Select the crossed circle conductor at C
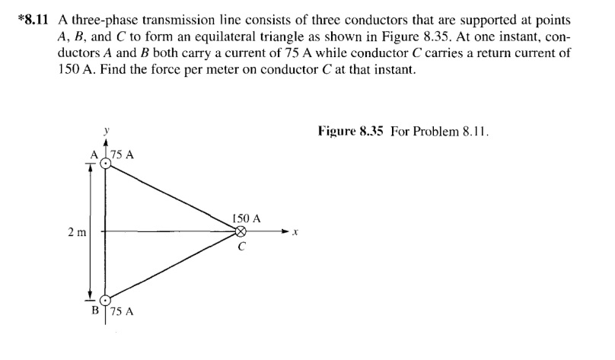click(x=241, y=231)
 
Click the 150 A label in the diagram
click(x=247, y=218)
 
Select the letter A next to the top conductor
click(x=95, y=155)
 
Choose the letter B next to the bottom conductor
click(x=96, y=311)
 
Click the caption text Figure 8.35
click(x=351, y=131)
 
